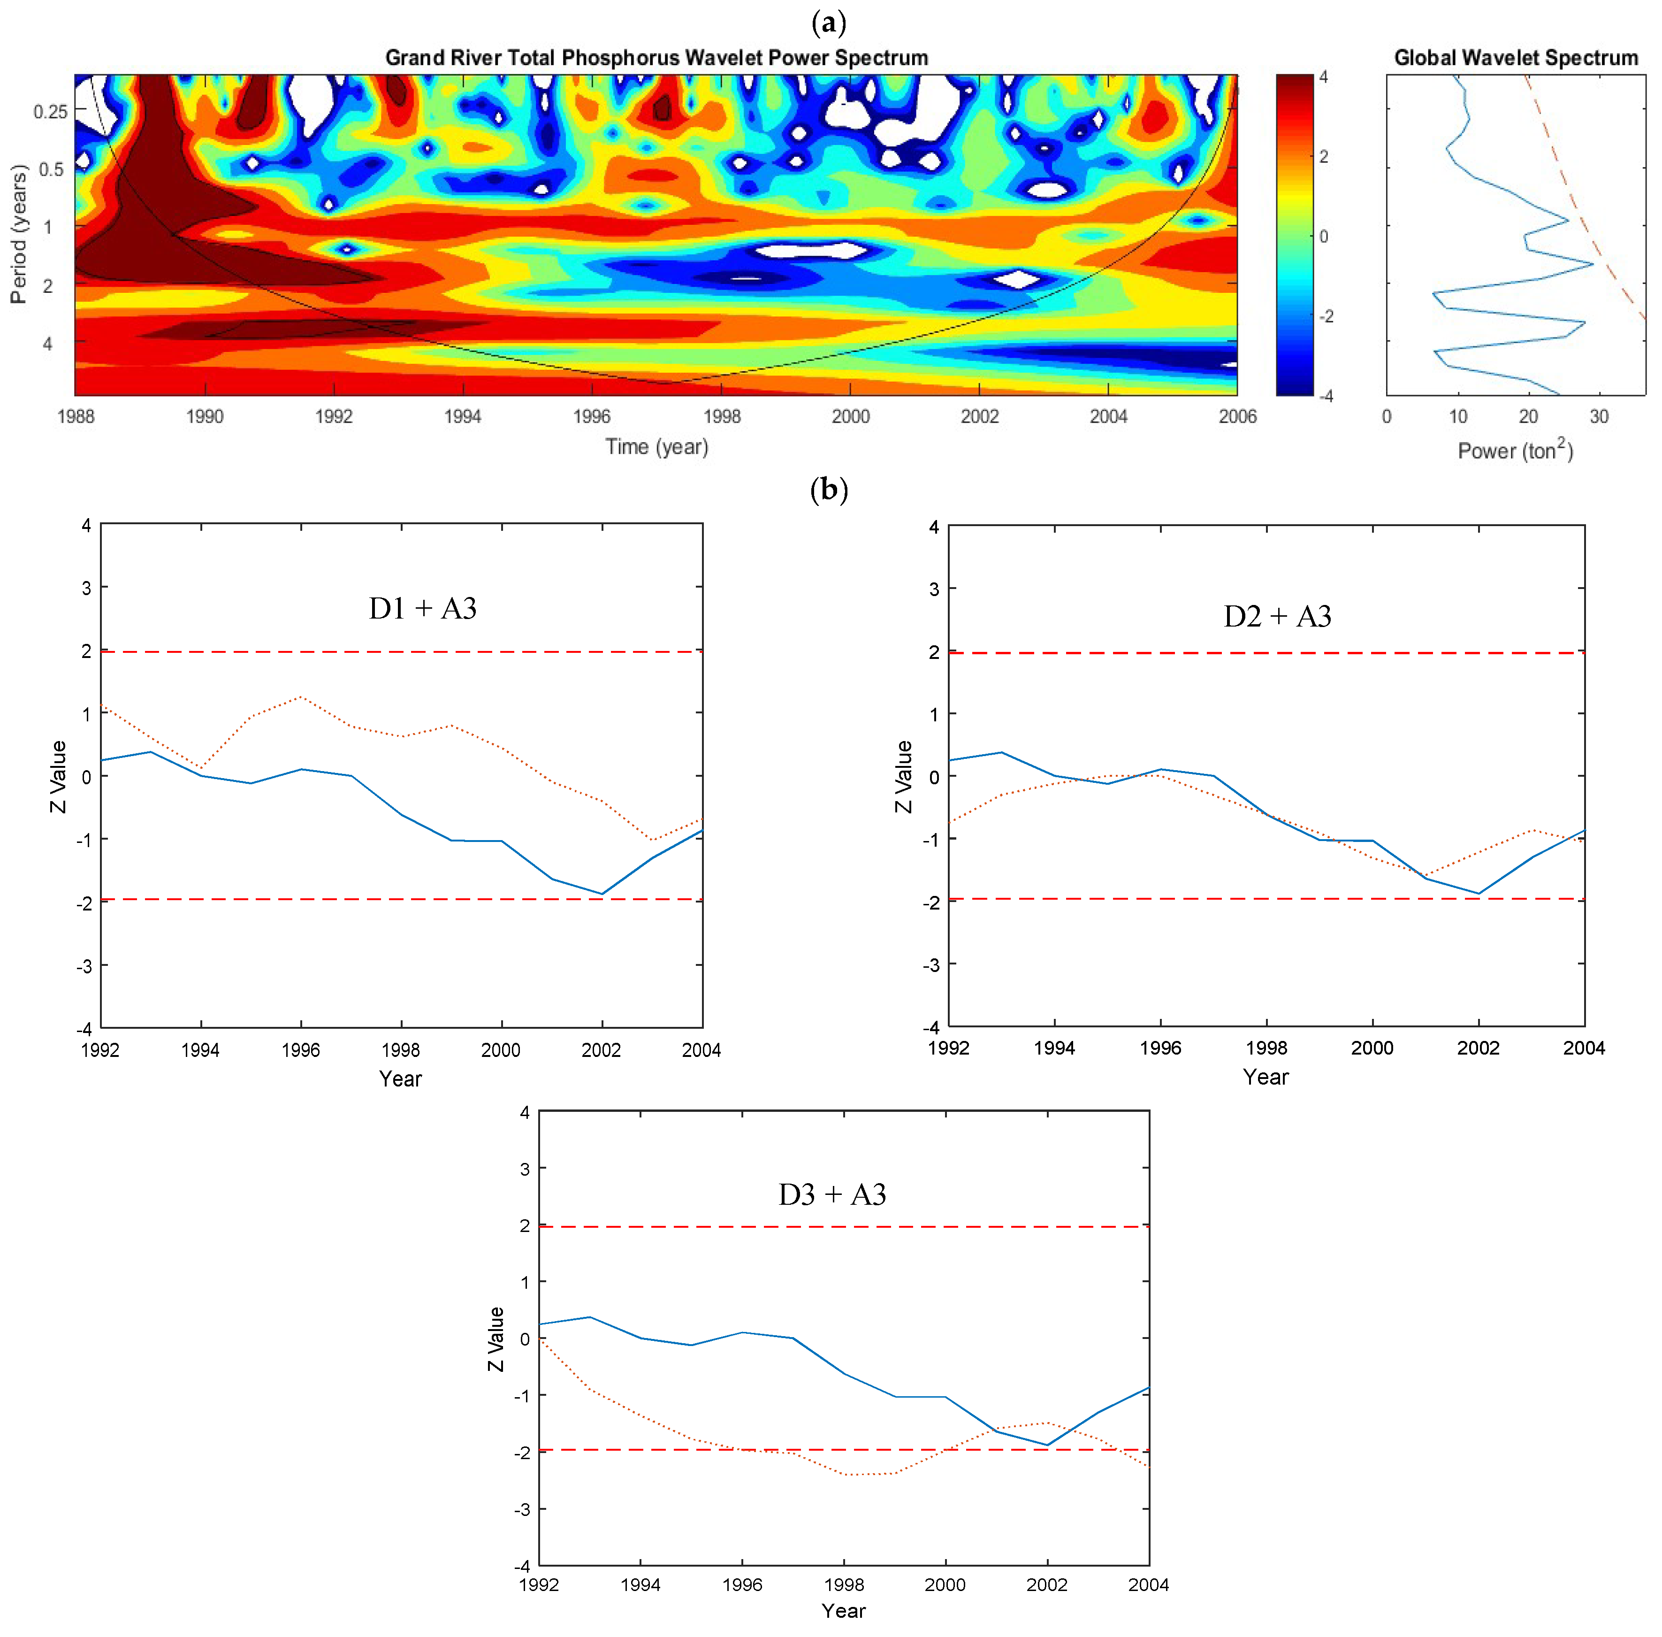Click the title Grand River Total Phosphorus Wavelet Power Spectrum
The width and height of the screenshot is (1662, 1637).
[x=656, y=58]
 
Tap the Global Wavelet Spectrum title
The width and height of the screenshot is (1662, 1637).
[x=1515, y=58]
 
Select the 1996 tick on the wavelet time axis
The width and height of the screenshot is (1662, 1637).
[x=592, y=416]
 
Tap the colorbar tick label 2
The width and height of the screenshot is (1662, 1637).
[x=1324, y=156]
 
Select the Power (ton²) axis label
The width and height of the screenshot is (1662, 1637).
[x=1515, y=451]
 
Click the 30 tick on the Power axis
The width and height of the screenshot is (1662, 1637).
[x=1598, y=417]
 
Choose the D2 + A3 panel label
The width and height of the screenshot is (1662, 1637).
[x=1277, y=616]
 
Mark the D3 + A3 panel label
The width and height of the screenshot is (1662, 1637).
[x=831, y=1194]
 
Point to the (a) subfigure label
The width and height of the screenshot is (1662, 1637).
[x=829, y=23]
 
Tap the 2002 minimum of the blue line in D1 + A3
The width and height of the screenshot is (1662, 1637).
[x=602, y=893]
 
